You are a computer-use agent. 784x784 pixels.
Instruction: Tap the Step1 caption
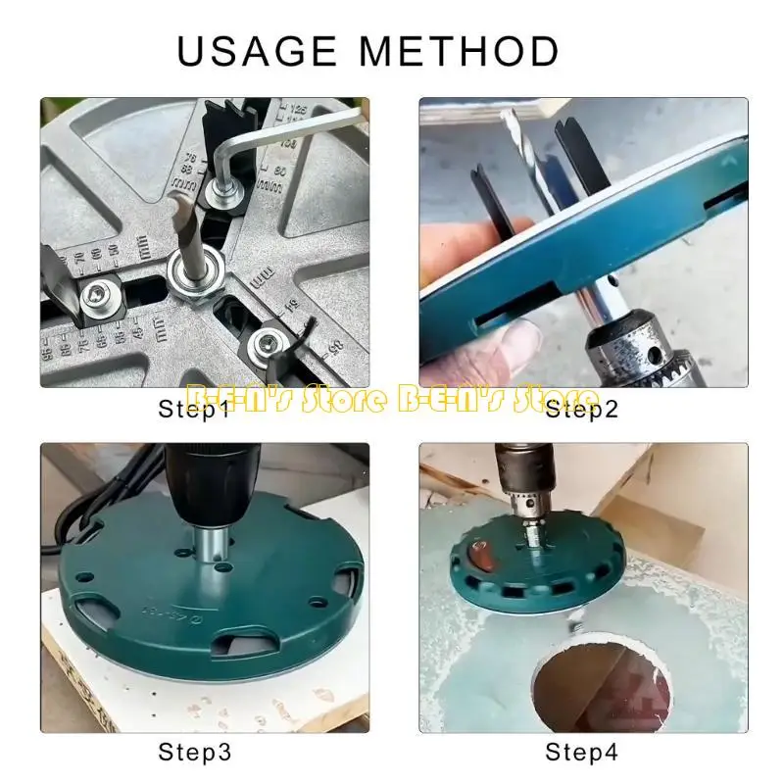pos(196,410)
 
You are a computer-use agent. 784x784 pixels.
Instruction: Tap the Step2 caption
pos(582,410)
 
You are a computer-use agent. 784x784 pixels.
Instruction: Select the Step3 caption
pos(196,752)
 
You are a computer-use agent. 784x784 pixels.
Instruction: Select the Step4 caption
pos(582,752)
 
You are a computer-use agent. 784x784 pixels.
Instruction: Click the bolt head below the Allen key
pos(222,192)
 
